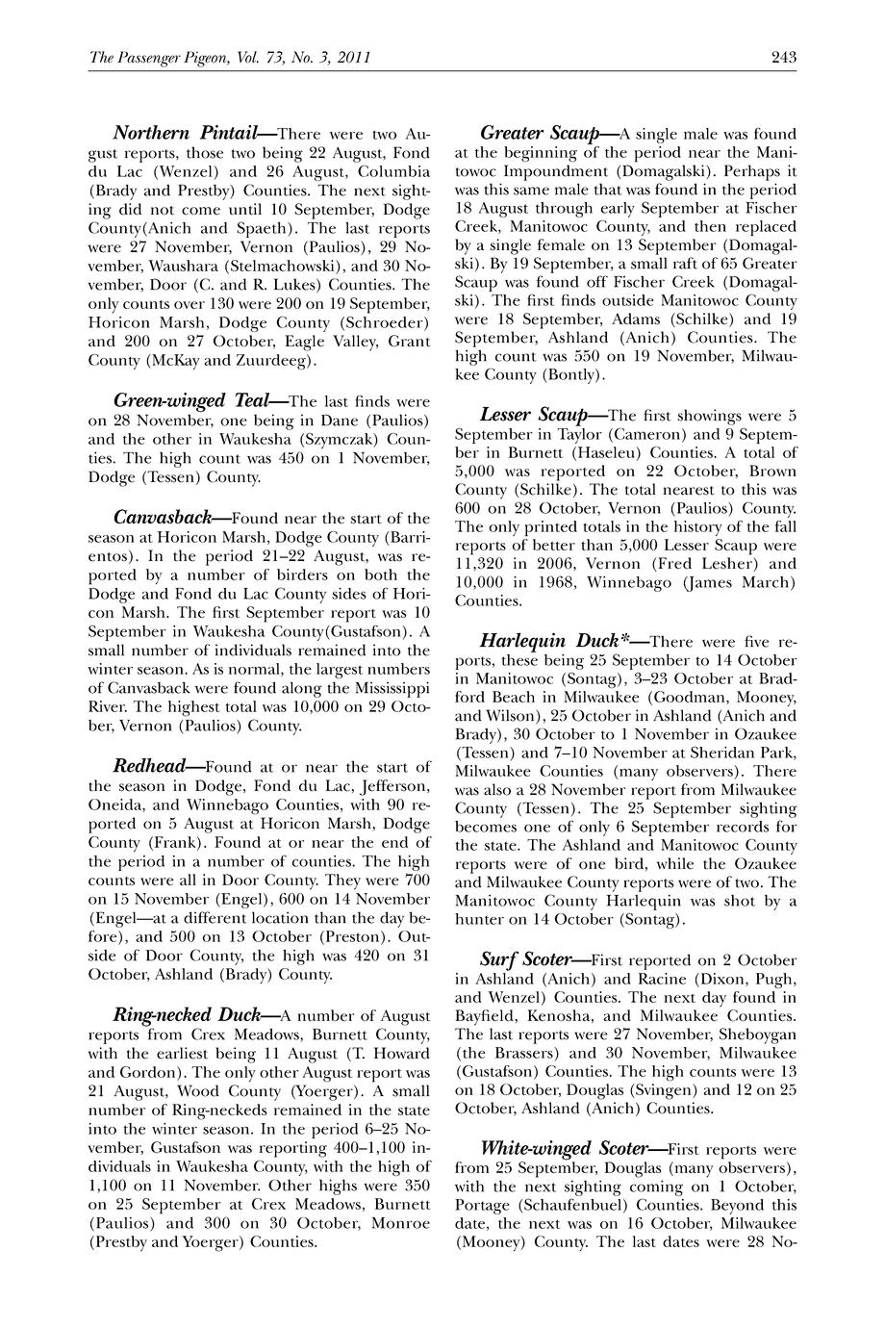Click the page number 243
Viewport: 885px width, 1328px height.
[x=783, y=58]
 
